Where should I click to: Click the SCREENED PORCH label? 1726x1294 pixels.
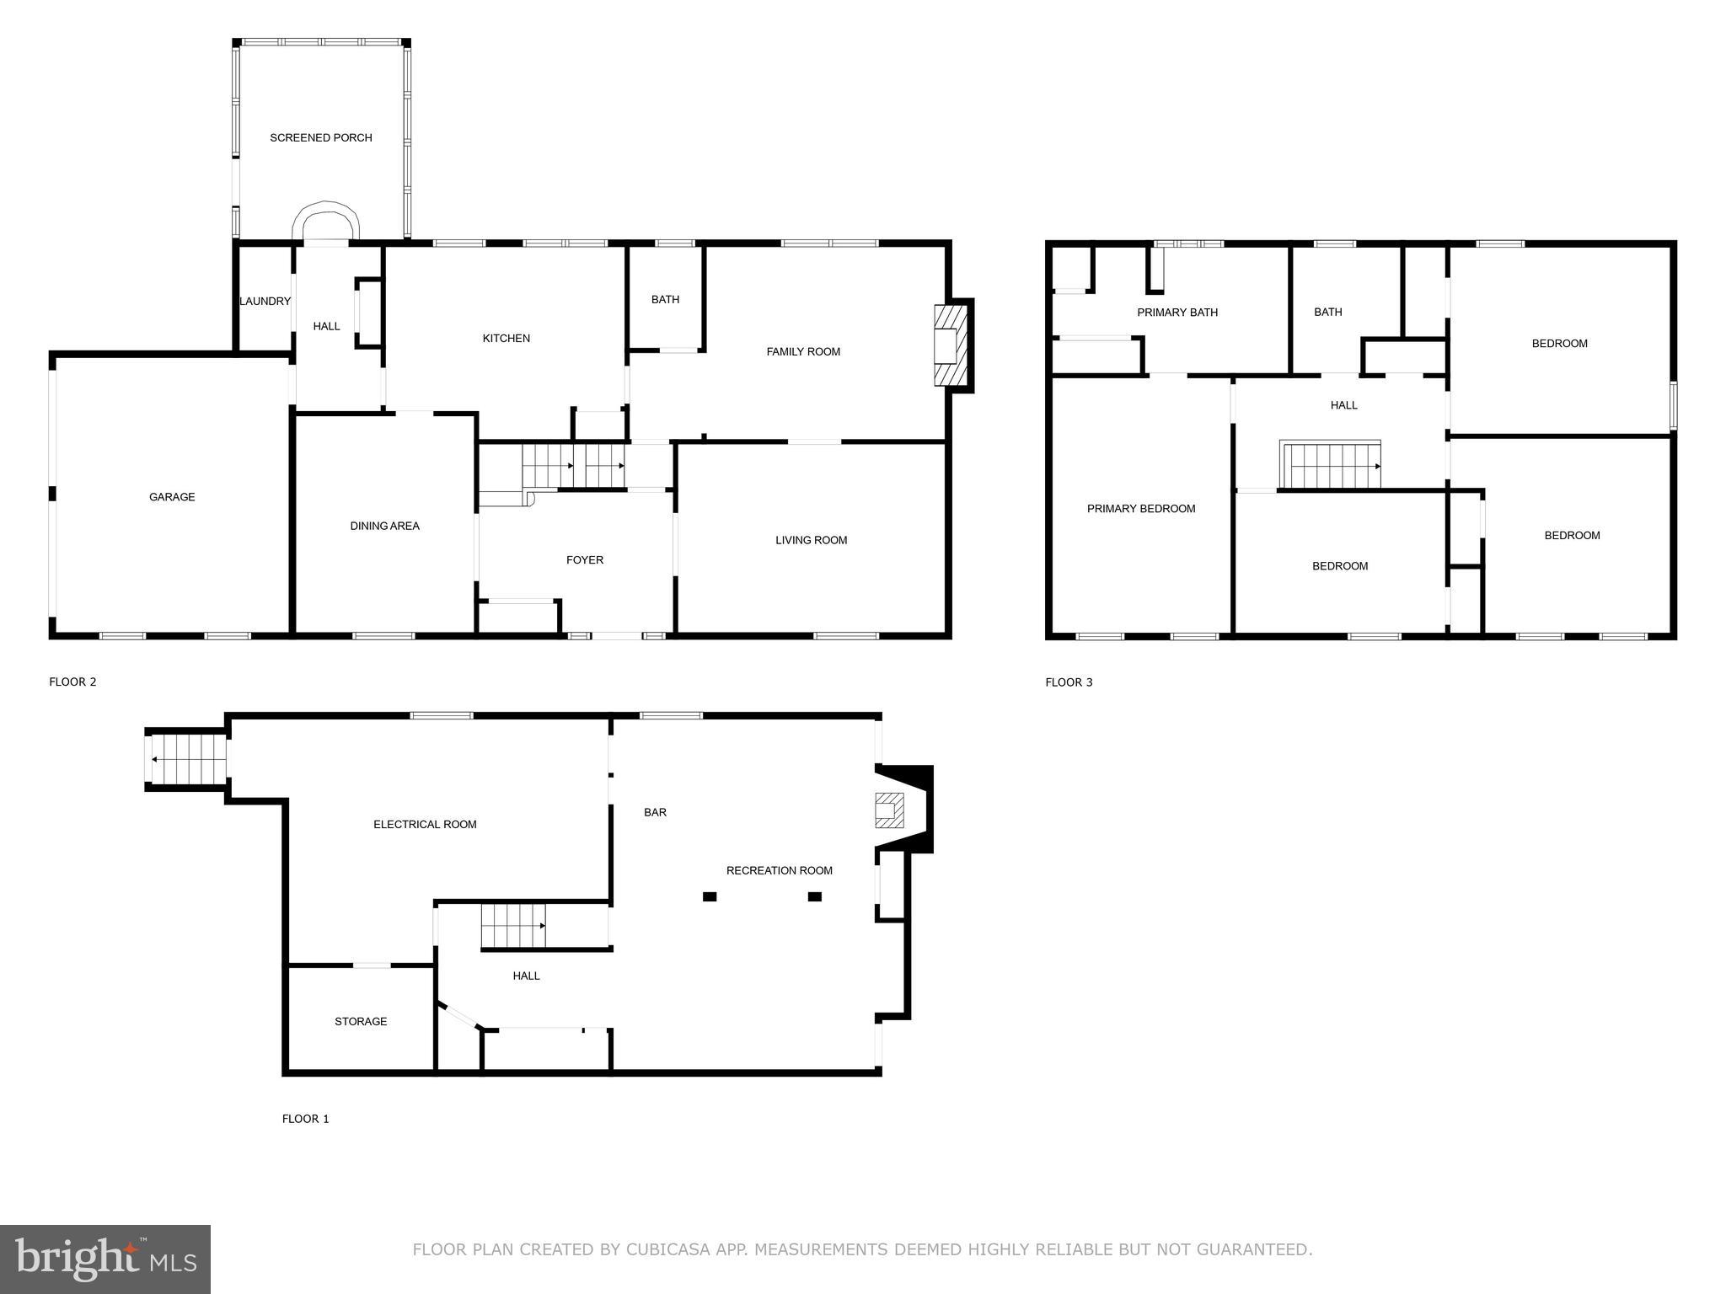320,137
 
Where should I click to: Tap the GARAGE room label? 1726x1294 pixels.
172,497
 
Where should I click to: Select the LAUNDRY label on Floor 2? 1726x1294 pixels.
265,302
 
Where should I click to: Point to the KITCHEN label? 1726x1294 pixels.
506,339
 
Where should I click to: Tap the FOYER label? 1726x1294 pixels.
584,560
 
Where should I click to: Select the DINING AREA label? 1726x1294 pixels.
384,526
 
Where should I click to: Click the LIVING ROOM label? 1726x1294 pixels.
811,540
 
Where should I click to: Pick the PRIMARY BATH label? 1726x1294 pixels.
1177,313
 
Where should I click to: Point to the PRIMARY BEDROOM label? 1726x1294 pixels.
1140,509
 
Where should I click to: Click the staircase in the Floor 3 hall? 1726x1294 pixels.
1331,466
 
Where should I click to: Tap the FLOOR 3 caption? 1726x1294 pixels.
1068,682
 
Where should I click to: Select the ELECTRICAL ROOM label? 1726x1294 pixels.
425,825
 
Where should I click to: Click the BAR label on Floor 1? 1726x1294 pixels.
655,813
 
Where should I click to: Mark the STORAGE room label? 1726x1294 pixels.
361,1022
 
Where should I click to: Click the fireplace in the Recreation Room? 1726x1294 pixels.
890,810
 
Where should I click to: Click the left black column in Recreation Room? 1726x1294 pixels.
710,896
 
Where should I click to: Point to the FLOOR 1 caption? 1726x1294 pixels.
305,1119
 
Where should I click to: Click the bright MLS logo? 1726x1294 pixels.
105,1259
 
